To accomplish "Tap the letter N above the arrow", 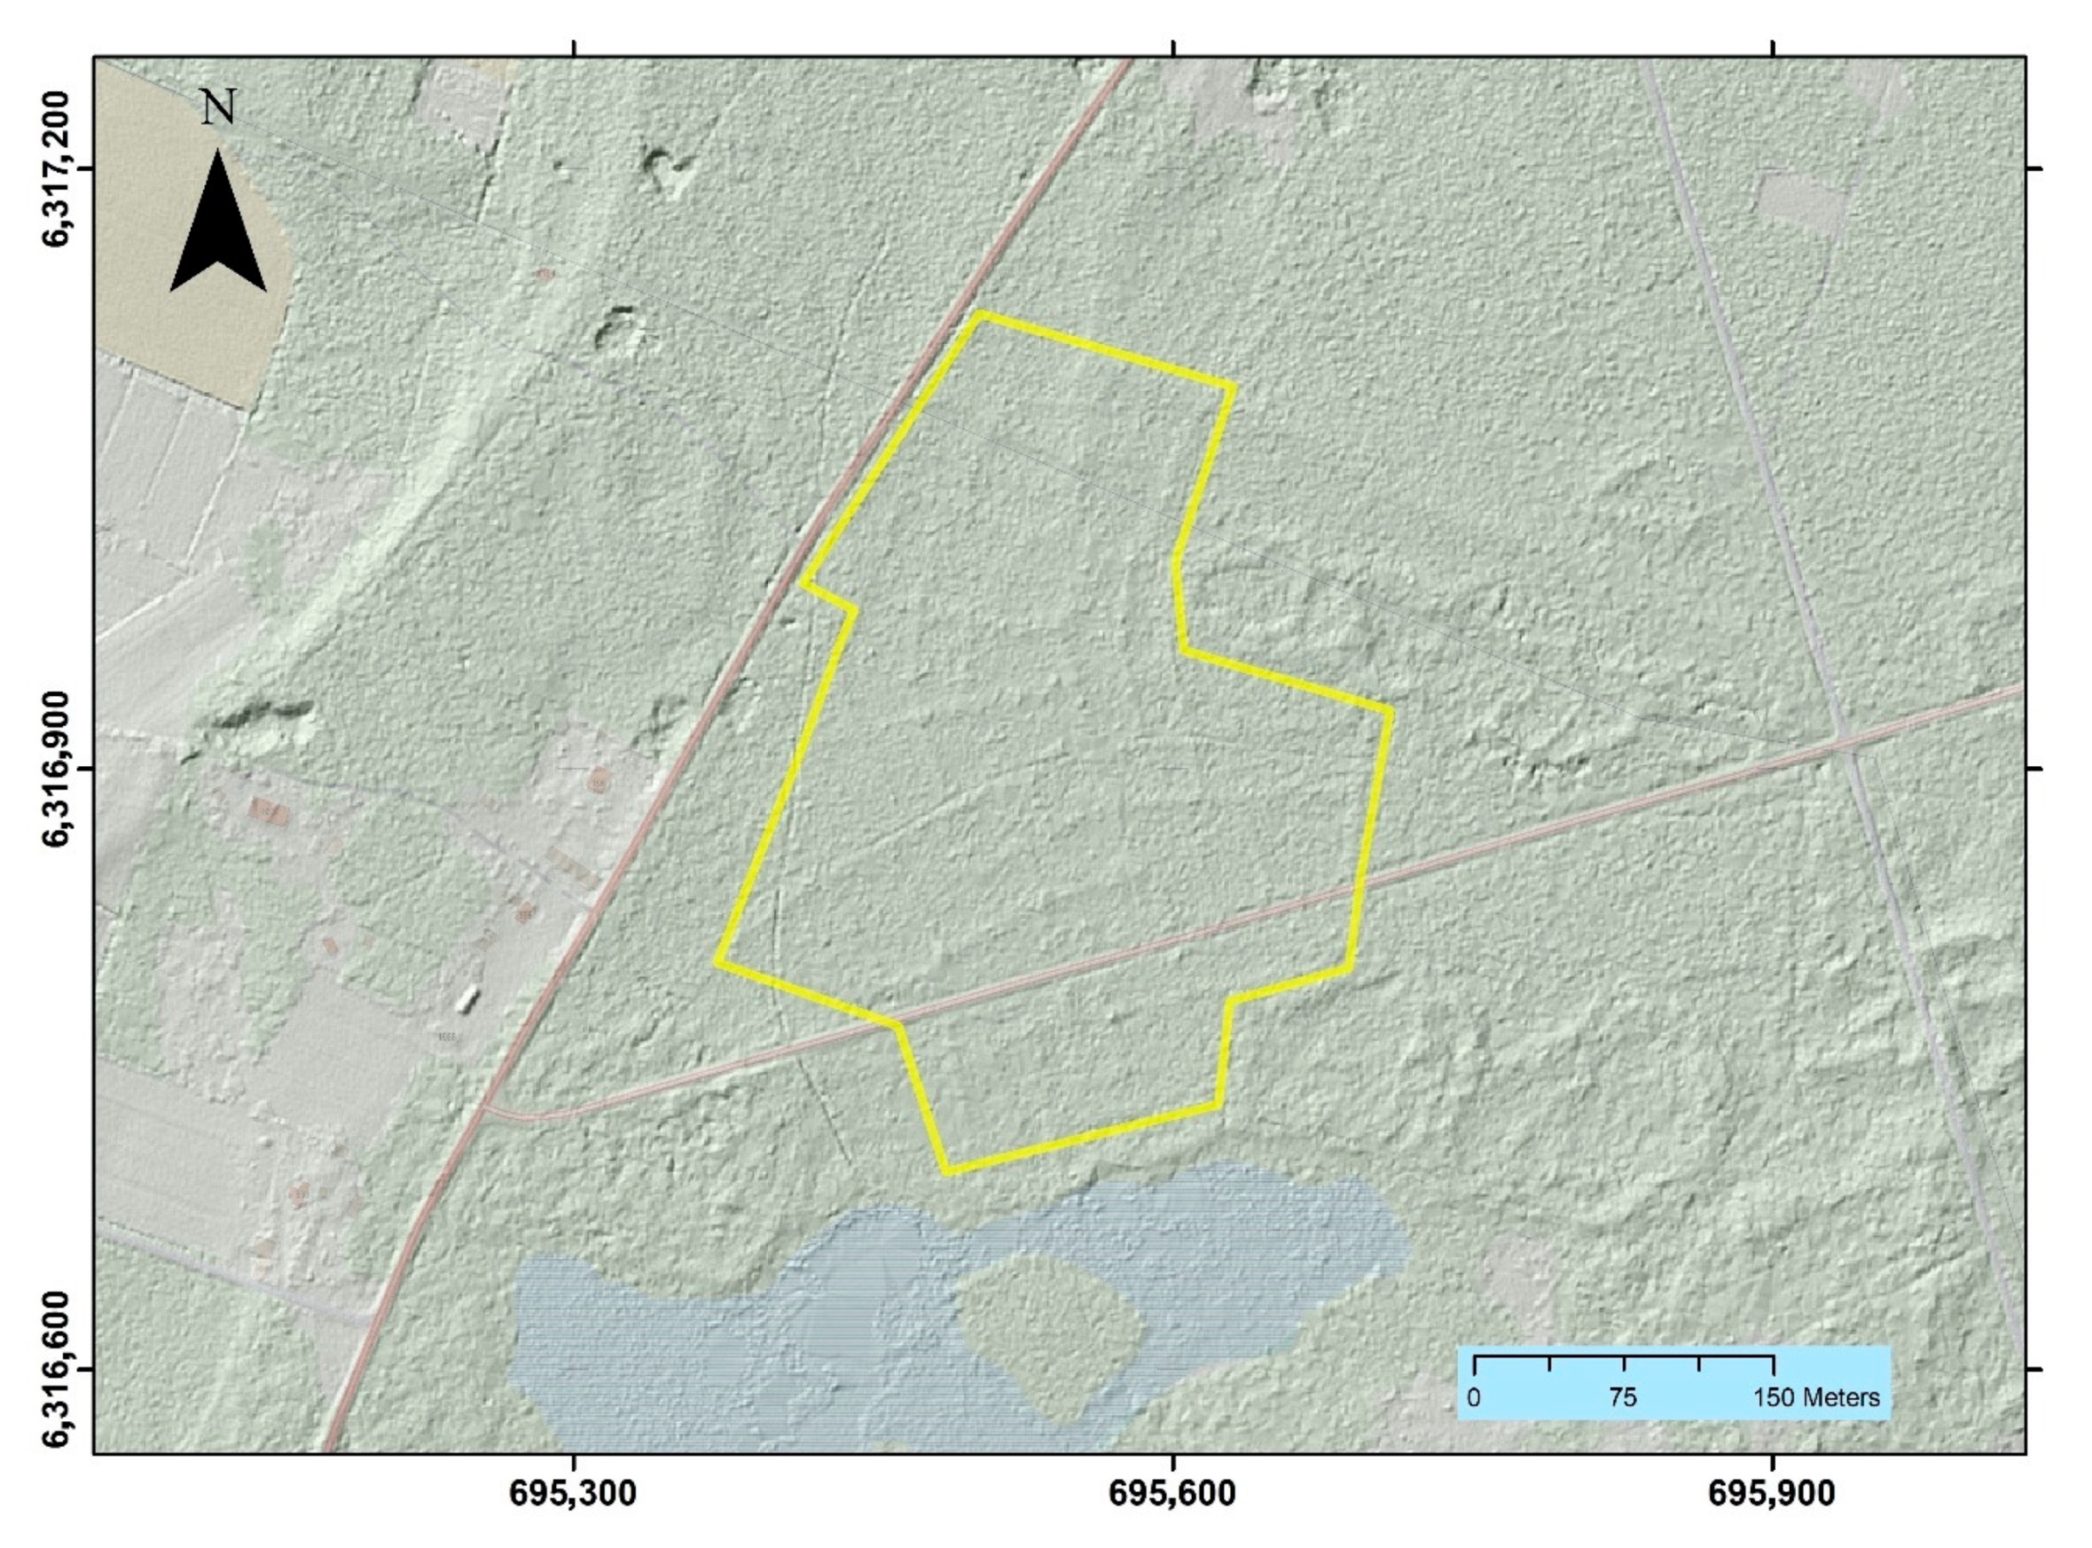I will point(218,108).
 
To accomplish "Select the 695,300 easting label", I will point(573,1492).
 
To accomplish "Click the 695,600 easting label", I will point(1174,1492).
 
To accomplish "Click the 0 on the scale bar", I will point(1474,1398).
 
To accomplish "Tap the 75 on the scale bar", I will point(1624,1398).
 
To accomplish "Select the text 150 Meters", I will point(1817,1398).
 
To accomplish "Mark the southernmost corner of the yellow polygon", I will point(947,1170).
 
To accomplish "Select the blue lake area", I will point(750,1331).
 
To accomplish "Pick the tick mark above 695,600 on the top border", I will point(1174,49).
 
